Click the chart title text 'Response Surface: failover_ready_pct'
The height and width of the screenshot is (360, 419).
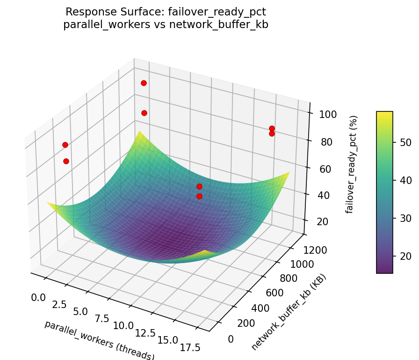pos(166,12)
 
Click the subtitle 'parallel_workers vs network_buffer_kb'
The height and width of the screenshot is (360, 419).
pos(166,25)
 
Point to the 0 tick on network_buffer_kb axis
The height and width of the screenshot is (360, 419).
pos(231,338)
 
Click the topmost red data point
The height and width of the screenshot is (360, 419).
pos(144,83)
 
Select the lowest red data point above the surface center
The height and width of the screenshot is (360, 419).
pos(199,196)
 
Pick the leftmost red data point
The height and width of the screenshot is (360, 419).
pos(65,145)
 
